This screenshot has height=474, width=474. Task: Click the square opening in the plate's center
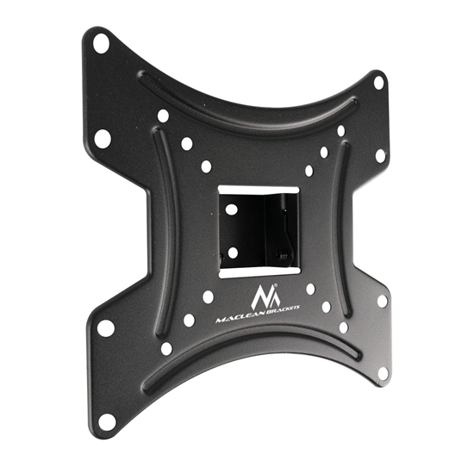258,230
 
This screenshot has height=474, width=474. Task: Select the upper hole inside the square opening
232,209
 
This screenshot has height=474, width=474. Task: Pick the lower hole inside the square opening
232,252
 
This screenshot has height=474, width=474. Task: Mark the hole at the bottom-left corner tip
106,421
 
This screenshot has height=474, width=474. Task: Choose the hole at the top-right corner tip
378,83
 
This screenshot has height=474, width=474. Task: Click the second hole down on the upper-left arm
103,136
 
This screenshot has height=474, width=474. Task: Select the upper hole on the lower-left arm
106,327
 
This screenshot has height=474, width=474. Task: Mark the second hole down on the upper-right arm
380,156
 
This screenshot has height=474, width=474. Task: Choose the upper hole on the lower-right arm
382,302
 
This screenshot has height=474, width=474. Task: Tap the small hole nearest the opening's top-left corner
206,167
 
